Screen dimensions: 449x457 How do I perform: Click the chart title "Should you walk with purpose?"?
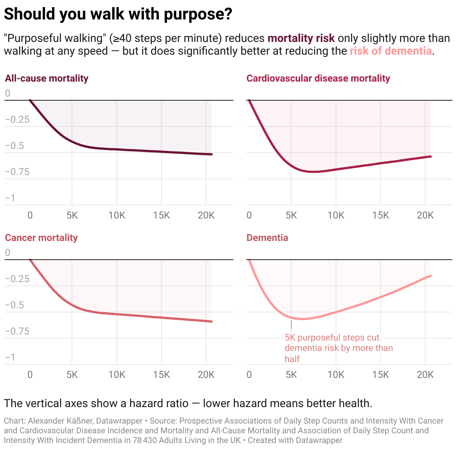point(118,14)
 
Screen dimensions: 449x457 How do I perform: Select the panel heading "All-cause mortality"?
point(46,78)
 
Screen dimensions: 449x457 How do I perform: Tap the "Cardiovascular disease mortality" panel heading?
point(318,78)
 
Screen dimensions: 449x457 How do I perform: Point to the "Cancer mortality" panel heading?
point(41,238)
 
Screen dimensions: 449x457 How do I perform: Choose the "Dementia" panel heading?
point(267,238)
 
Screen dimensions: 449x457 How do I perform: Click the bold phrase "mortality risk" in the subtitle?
point(301,38)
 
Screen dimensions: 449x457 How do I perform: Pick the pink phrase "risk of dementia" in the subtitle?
point(391,51)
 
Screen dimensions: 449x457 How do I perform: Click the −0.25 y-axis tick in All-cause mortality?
point(17,119)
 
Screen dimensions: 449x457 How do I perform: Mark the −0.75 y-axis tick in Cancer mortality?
point(17,331)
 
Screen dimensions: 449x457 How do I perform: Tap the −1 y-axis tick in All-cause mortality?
point(10,198)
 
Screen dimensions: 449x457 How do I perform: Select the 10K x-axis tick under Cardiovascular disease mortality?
point(336,215)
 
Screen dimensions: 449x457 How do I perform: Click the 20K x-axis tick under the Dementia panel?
point(425,375)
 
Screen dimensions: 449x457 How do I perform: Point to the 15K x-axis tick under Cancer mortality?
point(161,375)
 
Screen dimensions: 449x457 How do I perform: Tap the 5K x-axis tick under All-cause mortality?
point(72,215)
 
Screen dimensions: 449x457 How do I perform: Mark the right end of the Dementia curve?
point(431,276)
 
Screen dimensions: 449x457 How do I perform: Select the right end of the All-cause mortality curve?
point(212,154)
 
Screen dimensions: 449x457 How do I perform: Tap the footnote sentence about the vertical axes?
point(188,403)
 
